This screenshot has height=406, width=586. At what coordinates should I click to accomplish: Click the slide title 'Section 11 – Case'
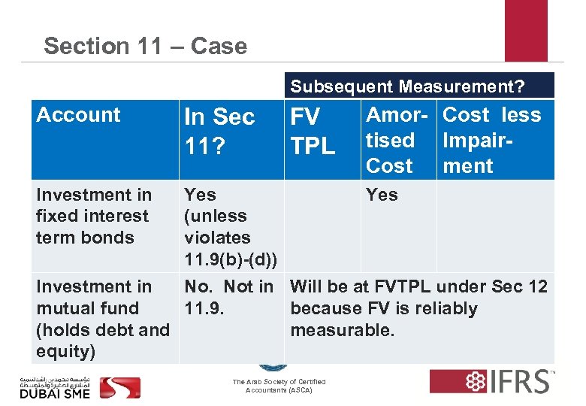145,46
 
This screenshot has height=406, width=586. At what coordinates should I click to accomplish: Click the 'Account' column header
78,115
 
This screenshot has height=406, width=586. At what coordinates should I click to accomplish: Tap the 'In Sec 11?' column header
219,129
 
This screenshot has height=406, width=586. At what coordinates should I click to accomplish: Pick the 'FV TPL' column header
313,131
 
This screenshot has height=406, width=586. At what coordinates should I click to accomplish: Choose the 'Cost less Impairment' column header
492,140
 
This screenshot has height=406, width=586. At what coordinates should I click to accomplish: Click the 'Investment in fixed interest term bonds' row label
94,216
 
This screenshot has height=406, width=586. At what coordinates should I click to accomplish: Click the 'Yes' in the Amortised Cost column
382,195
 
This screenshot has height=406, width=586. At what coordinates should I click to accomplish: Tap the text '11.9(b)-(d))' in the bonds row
231,259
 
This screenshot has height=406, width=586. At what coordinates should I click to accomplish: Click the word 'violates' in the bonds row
217,238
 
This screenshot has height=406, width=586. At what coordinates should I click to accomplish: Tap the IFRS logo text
519,382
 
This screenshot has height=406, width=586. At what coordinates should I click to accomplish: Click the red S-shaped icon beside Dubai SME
119,386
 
